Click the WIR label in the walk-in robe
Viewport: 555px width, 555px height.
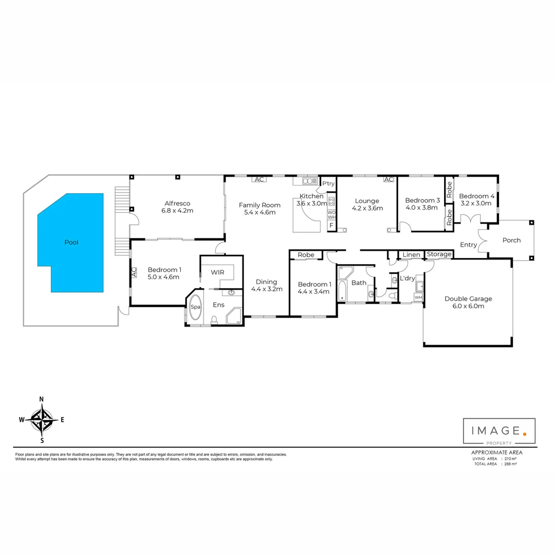tap(218, 272)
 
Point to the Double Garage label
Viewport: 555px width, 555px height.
tap(468, 299)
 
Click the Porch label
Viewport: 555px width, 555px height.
tap(511, 240)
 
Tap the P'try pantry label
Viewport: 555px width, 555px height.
tap(328, 183)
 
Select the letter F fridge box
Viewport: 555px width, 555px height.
tap(331, 226)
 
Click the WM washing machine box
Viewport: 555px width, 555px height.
tap(418, 297)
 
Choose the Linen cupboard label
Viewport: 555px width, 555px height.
tap(411, 255)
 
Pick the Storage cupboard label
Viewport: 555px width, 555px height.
tap(439, 254)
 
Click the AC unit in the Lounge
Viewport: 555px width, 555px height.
tap(388, 179)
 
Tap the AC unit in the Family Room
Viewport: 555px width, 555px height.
tap(259, 179)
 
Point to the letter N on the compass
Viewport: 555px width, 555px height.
tap(42, 399)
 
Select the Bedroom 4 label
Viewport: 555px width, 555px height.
tap(476, 196)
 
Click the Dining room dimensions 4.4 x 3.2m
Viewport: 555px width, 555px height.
tap(267, 289)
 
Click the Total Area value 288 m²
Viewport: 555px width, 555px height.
tap(510, 464)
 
